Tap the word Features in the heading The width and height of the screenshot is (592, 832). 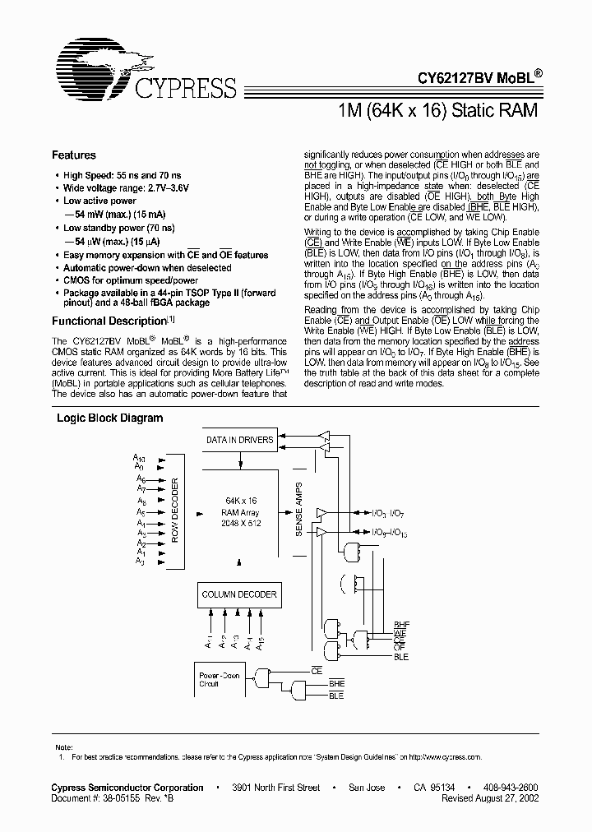point(74,155)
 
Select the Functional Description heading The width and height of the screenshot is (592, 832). point(109,321)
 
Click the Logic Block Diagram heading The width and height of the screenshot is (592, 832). point(109,418)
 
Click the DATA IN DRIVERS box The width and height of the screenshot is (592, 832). point(239,440)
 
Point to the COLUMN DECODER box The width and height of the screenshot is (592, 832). point(239,594)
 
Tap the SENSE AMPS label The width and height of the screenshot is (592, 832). point(298,511)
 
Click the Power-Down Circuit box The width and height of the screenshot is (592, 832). point(220,679)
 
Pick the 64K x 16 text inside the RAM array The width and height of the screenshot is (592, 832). point(241,501)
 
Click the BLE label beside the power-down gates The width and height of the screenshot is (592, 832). point(336,696)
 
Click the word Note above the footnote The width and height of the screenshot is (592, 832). point(62,746)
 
